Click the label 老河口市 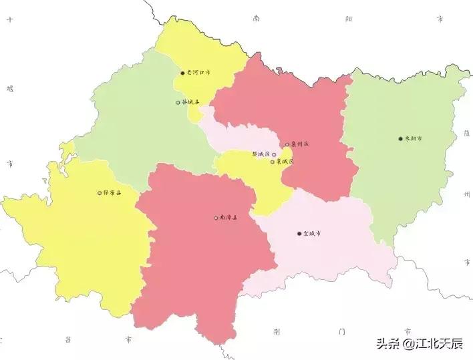click(x=198, y=73)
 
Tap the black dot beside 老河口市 click(x=182, y=73)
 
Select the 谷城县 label click(x=190, y=102)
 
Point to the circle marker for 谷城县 click(x=178, y=103)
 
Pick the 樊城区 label click(x=261, y=154)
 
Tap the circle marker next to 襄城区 click(x=273, y=162)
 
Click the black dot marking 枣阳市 click(x=400, y=139)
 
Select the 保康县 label click(x=112, y=193)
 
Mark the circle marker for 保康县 click(x=100, y=193)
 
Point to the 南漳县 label click(x=228, y=218)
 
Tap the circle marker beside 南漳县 click(x=216, y=218)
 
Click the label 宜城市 click(x=312, y=234)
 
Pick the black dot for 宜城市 click(x=299, y=234)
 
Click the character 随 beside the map click(x=466, y=133)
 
